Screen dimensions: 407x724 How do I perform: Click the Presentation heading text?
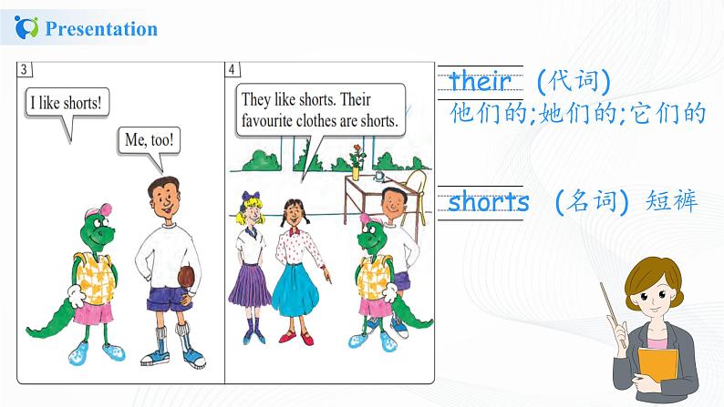click(x=100, y=29)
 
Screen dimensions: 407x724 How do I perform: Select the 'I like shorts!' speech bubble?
click(x=66, y=102)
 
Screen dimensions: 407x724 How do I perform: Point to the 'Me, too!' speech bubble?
click(x=150, y=140)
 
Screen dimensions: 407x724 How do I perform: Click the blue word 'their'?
click(x=481, y=81)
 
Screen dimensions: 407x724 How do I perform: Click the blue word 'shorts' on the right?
click(x=489, y=202)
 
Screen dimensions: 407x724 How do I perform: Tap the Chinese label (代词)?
click(x=572, y=81)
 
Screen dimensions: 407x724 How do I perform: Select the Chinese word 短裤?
click(x=669, y=201)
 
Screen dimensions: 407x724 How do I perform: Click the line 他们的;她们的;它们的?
click(x=578, y=115)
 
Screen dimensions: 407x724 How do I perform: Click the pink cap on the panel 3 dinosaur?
click(x=96, y=215)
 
